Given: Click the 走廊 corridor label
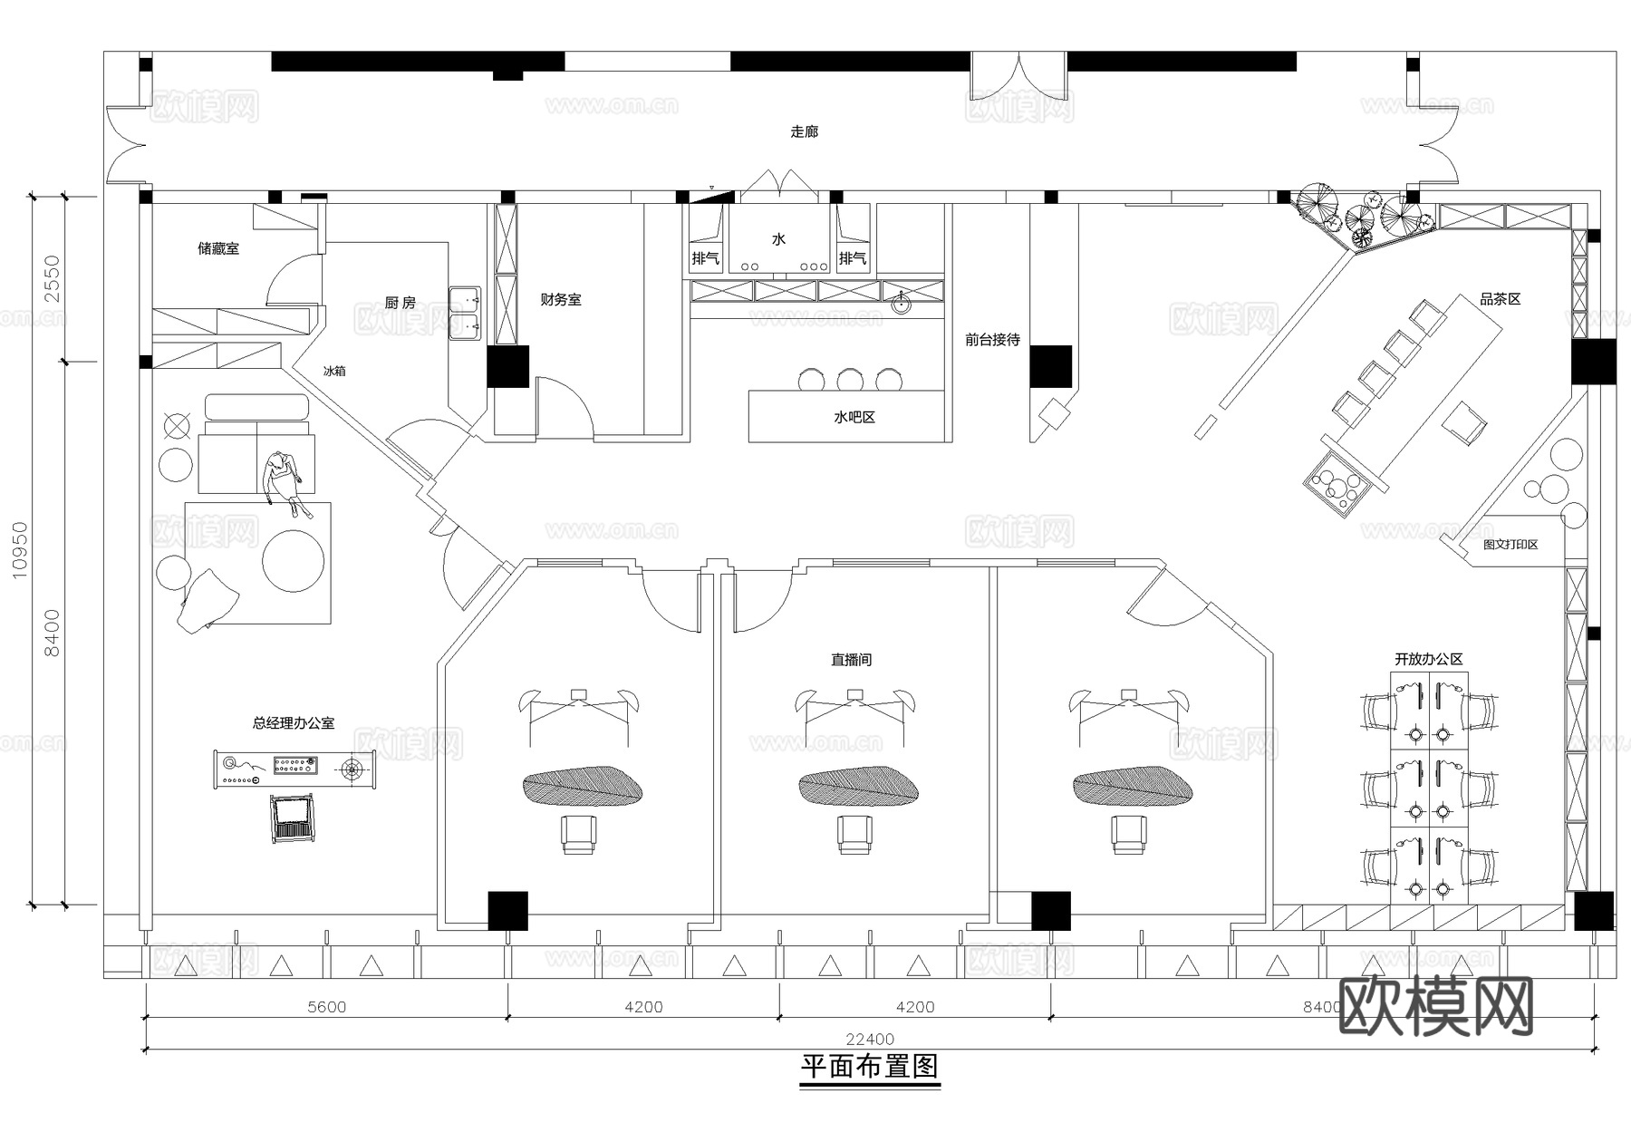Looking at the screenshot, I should (x=804, y=132).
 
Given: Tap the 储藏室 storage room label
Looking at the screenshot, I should (x=218, y=248).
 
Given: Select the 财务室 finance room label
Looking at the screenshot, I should (x=560, y=300).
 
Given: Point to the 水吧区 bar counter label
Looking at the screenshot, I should (x=854, y=418).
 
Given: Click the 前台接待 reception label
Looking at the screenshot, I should (x=992, y=340).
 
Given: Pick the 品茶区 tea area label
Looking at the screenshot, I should (x=1500, y=299).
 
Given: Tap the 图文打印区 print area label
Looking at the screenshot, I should (x=1510, y=545).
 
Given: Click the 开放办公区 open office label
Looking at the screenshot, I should (x=1428, y=660).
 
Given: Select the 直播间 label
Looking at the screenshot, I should (x=851, y=660).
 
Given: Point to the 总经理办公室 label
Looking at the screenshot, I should (x=293, y=723).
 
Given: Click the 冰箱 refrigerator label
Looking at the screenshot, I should (x=334, y=371).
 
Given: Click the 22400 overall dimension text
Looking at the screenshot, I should (x=870, y=1040).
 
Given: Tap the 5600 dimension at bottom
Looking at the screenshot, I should (x=326, y=1007).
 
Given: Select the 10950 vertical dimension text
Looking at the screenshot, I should (x=20, y=549).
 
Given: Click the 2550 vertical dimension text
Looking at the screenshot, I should (x=53, y=278).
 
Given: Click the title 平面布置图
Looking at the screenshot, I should (x=870, y=1067).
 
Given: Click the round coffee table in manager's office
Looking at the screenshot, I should (x=293, y=561).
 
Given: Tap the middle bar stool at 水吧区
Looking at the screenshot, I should (x=850, y=379).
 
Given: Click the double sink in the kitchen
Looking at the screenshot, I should (x=465, y=312).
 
